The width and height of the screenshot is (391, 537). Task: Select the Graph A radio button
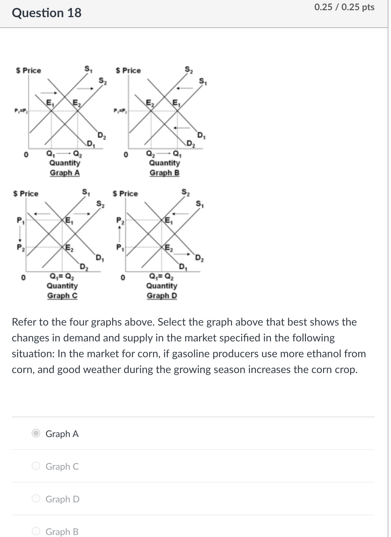pyautogui.click(x=36, y=433)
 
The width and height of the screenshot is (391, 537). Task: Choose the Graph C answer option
pyautogui.click(x=36, y=466)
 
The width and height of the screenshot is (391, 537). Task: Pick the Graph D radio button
pyautogui.click(x=36, y=499)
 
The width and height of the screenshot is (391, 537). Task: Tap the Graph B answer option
pyautogui.click(x=36, y=531)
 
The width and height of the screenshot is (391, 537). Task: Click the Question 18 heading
pyautogui.click(x=46, y=13)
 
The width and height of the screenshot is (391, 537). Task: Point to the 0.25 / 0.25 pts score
pyautogui.click(x=344, y=7)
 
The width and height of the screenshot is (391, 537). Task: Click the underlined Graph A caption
pyautogui.click(x=65, y=173)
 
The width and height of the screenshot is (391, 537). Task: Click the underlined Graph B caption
pyautogui.click(x=165, y=173)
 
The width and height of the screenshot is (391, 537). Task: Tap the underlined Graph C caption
pyautogui.click(x=62, y=296)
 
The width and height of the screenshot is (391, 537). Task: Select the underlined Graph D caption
pyautogui.click(x=162, y=296)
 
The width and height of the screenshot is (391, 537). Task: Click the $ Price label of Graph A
pyautogui.click(x=29, y=71)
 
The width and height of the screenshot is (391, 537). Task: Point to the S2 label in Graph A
pyautogui.click(x=103, y=80)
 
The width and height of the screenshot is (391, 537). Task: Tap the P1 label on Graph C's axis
pyautogui.click(x=20, y=220)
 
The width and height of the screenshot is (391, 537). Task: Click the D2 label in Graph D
pyautogui.click(x=199, y=258)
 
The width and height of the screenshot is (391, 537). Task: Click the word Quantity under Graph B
pyautogui.click(x=165, y=163)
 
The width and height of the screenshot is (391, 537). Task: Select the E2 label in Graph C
pyautogui.click(x=70, y=248)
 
